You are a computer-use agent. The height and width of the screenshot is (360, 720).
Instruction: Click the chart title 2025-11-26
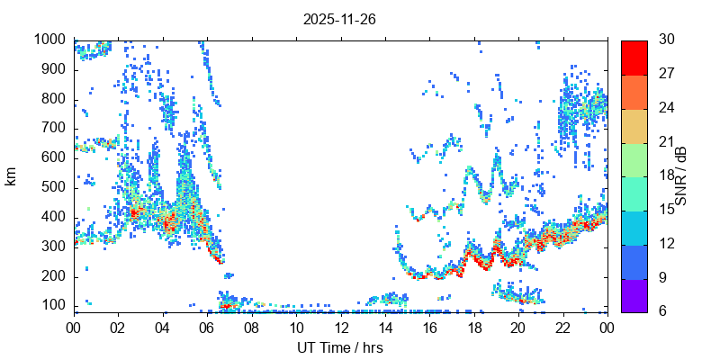(339, 19)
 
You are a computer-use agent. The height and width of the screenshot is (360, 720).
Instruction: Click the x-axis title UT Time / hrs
(339, 348)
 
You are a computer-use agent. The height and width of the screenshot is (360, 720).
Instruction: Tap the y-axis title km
(11, 175)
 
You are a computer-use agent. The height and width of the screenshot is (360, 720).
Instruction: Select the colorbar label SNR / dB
(681, 175)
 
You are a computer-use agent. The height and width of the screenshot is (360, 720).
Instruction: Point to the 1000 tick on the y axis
(50, 40)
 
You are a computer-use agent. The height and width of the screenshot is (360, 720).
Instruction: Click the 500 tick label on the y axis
(54, 187)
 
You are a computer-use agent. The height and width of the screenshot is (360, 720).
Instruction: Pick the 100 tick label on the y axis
(54, 305)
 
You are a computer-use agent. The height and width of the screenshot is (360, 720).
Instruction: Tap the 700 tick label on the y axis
(54, 128)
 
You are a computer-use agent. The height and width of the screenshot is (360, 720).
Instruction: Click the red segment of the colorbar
(634, 57)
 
